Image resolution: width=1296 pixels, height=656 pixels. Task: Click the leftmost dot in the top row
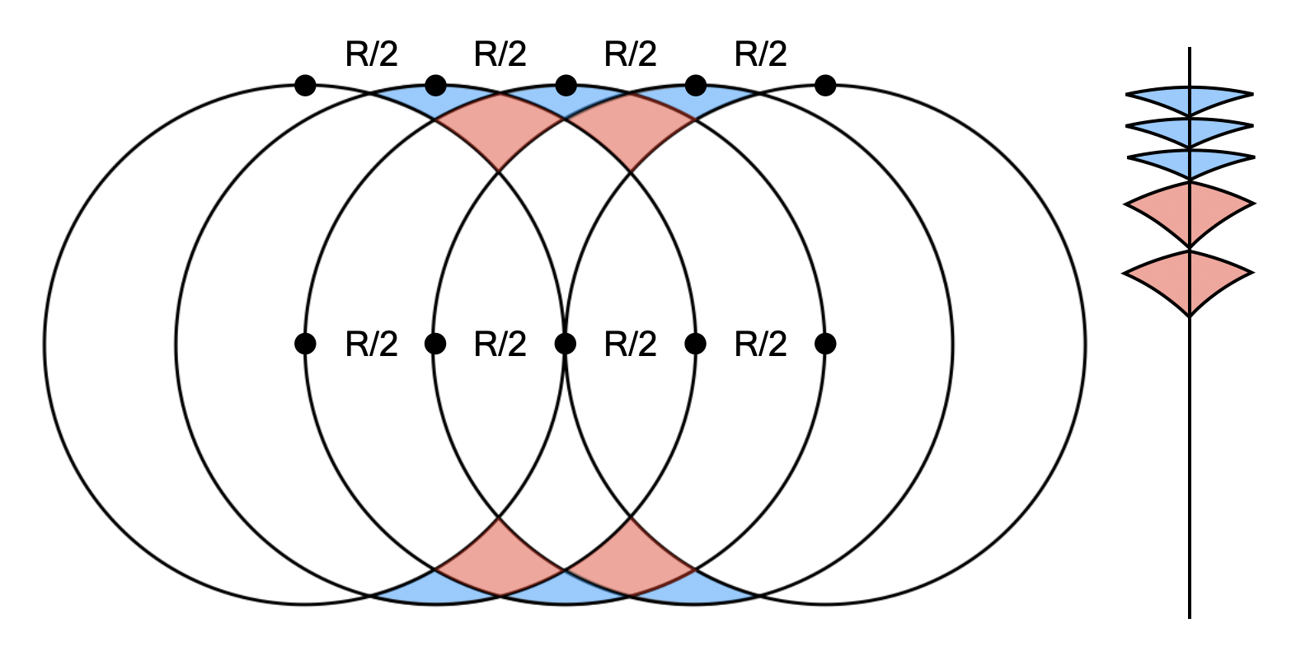(x=305, y=85)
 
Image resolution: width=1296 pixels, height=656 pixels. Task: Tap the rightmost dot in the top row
(x=825, y=85)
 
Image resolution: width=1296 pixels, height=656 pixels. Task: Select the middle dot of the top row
(x=566, y=85)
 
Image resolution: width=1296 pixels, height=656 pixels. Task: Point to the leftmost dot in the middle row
(x=305, y=344)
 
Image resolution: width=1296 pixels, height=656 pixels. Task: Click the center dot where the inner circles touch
(x=566, y=344)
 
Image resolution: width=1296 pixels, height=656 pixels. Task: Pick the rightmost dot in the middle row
(x=825, y=344)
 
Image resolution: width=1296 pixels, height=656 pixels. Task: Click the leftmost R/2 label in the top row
(x=371, y=54)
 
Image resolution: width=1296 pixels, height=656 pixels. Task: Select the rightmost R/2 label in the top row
(x=760, y=54)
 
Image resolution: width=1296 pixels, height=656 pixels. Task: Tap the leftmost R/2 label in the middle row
(x=371, y=344)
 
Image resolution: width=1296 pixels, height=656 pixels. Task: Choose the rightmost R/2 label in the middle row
(x=760, y=344)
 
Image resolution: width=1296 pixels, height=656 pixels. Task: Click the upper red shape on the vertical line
(x=1189, y=210)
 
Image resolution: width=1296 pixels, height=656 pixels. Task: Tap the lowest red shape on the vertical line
(x=1189, y=279)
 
